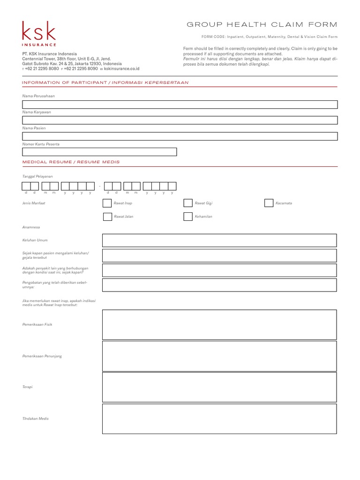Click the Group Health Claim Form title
click(262, 24)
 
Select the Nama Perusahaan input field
click(180, 105)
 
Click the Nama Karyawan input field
click(180, 120)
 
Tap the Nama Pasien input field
click(180, 136)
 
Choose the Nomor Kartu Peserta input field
click(99, 152)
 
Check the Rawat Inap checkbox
click(107, 203)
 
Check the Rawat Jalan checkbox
click(107, 217)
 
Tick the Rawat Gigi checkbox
click(187, 203)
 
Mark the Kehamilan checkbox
click(187, 217)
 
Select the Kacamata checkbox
click(269, 203)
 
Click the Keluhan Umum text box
click(219, 240)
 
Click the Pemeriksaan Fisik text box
click(219, 324)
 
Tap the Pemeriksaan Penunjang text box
click(219, 356)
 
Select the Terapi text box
click(219, 387)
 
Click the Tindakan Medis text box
click(219, 419)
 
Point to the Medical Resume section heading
click(71, 162)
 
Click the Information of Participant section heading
click(105, 82)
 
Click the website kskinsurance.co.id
click(121, 68)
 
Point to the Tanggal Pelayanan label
click(37, 176)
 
